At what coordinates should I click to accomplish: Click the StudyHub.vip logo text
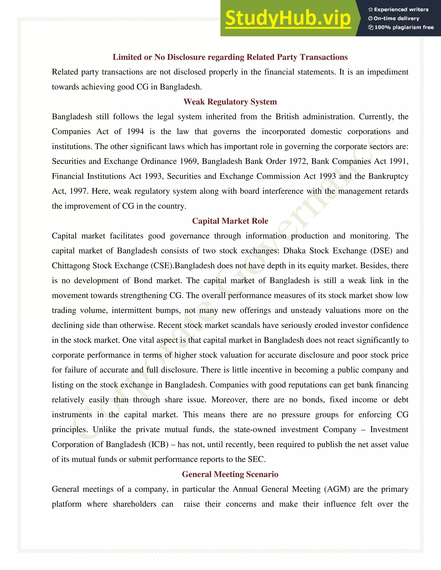[288, 18]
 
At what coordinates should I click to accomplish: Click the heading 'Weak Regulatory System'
[230, 102]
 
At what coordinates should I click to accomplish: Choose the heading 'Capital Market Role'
[230, 221]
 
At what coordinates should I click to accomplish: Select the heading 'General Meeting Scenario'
[230, 474]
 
